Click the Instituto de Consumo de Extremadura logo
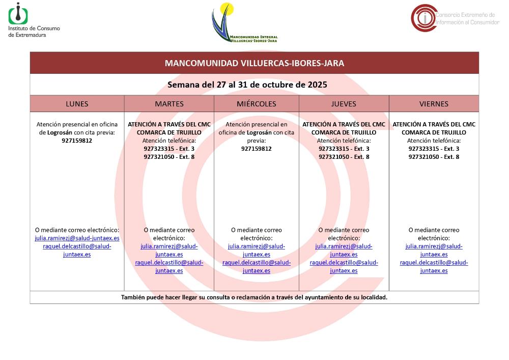[34, 20]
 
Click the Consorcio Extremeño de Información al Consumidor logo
[455, 17]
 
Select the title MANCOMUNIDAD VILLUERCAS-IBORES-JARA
[254, 63]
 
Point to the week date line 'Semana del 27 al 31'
[247, 85]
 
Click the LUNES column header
[77, 104]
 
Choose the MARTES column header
[169, 104]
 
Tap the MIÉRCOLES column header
[256, 104]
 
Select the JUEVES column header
[344, 104]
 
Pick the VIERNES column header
[434, 104]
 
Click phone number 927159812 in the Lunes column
[77, 141]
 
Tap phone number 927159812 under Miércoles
[256, 149]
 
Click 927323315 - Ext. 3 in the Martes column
[169, 149]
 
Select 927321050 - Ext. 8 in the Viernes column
[434, 157]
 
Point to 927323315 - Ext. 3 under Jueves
[344, 149]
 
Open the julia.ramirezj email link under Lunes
[77, 238]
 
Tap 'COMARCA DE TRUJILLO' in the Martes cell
[169, 132]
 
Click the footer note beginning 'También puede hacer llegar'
[254, 297]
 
